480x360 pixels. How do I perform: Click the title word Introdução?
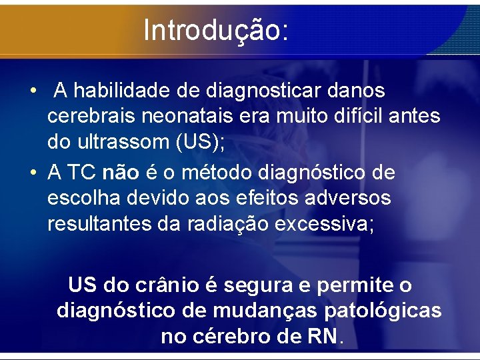(215, 30)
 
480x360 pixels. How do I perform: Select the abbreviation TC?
(81, 173)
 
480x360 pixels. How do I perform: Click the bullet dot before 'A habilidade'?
(32, 91)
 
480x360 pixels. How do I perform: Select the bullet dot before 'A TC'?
(32, 173)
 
